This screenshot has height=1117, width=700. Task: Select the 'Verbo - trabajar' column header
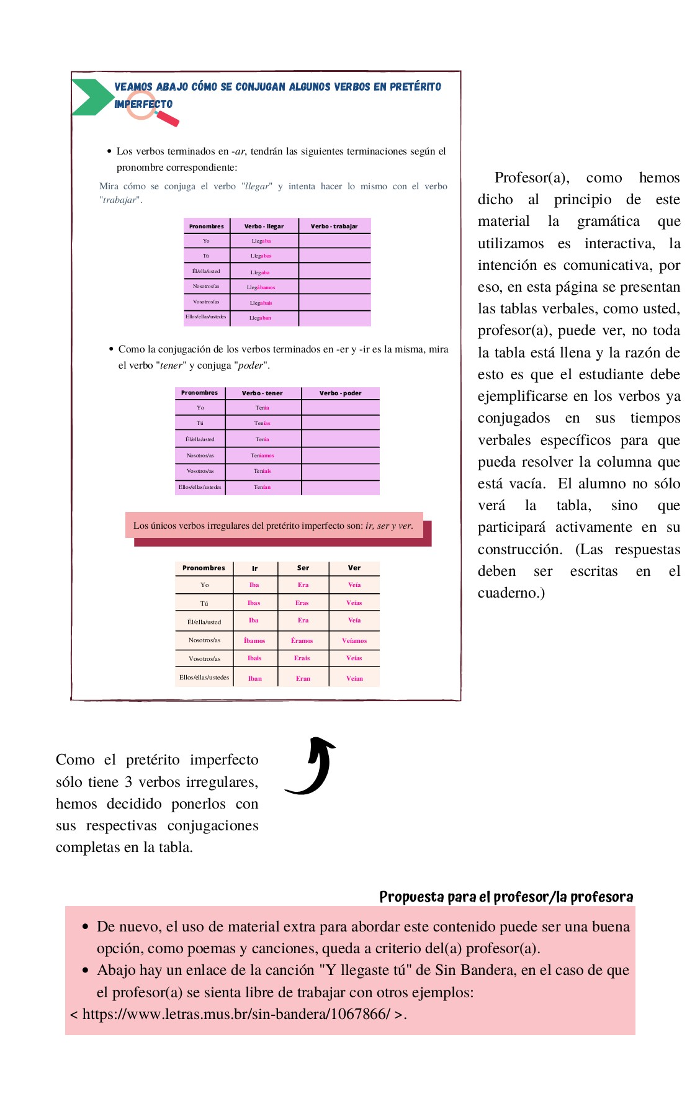coord(334,227)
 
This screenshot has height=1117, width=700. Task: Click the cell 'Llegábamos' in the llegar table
coord(261,287)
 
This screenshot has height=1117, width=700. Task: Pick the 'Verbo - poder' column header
coord(340,393)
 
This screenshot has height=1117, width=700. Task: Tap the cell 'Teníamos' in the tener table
coord(262,455)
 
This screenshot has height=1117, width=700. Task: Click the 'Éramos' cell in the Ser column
coord(302,640)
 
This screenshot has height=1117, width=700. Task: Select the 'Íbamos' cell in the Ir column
coord(254,640)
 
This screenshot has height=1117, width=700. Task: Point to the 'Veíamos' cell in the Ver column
coord(354,640)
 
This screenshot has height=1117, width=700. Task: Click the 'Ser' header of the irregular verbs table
coord(303,568)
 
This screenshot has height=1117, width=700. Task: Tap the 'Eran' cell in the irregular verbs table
coord(303,678)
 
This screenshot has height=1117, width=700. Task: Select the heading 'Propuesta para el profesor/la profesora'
coord(506,897)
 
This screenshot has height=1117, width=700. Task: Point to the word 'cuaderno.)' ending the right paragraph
coord(511,593)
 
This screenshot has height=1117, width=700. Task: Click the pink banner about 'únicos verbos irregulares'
coord(274,526)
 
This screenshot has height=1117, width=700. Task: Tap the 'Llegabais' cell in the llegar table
coord(261,303)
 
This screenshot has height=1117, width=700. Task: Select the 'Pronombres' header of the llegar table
coord(207,227)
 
